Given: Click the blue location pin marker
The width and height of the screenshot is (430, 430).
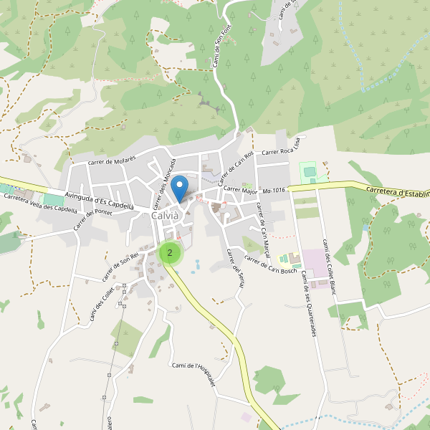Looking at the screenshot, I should [181, 187].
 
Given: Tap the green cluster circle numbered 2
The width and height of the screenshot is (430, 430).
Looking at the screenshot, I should [170, 252].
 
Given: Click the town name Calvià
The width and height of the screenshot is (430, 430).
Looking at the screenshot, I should [166, 216].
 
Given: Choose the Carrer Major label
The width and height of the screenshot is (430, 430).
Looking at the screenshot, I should [240, 191].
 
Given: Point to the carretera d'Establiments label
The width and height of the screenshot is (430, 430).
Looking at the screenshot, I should [397, 192].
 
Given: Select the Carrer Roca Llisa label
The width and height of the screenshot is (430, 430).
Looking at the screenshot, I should [285, 151].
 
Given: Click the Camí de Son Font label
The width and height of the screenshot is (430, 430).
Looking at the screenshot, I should [220, 49].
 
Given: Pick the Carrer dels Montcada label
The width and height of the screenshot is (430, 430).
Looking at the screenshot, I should [163, 183].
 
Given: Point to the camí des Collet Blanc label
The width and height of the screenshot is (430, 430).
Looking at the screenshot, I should [329, 266].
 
